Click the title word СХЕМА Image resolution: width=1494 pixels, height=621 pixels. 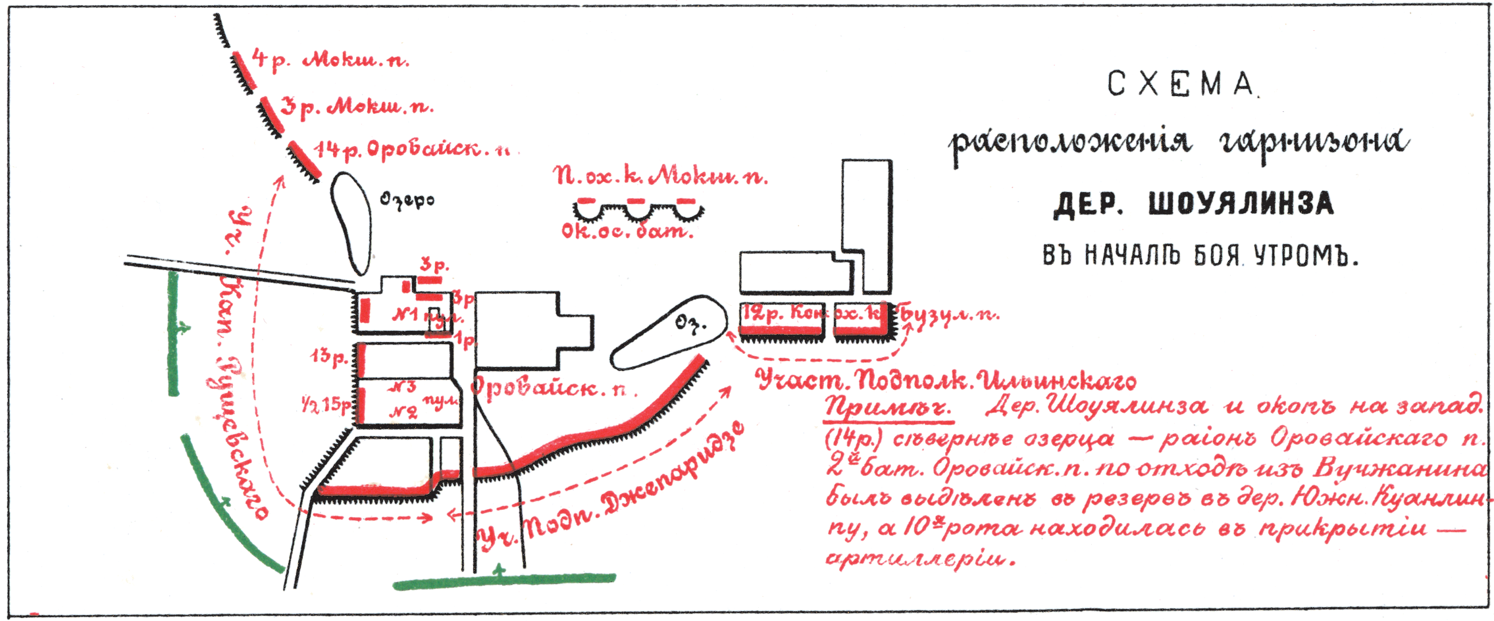click(1181, 84)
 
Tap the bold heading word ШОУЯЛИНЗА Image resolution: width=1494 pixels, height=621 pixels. click(1241, 204)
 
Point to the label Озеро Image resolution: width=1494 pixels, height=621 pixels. click(407, 199)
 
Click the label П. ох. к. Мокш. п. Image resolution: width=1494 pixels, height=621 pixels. click(660, 176)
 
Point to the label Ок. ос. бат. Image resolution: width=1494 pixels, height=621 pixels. click(627, 231)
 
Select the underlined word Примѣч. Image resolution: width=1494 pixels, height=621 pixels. click(888, 408)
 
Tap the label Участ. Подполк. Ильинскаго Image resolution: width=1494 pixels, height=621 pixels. click(946, 380)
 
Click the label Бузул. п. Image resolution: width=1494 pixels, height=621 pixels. click(948, 314)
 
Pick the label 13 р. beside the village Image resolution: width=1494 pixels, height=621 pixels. click(329, 357)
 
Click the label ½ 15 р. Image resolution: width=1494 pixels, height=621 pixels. click(326, 404)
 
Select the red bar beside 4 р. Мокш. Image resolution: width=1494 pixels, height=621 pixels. click(243, 68)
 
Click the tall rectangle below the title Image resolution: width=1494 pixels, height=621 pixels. click(867, 224)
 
